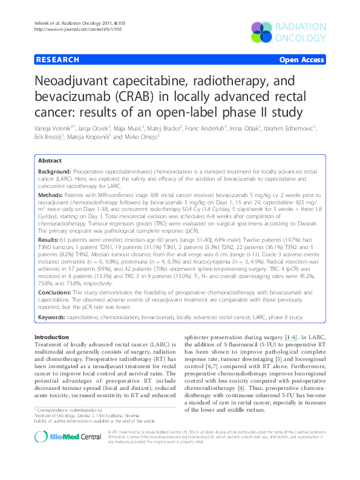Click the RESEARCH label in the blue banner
point(57,60)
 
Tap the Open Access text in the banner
point(301,60)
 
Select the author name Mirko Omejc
point(139,138)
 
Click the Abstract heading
point(50,161)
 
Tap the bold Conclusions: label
point(58,291)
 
